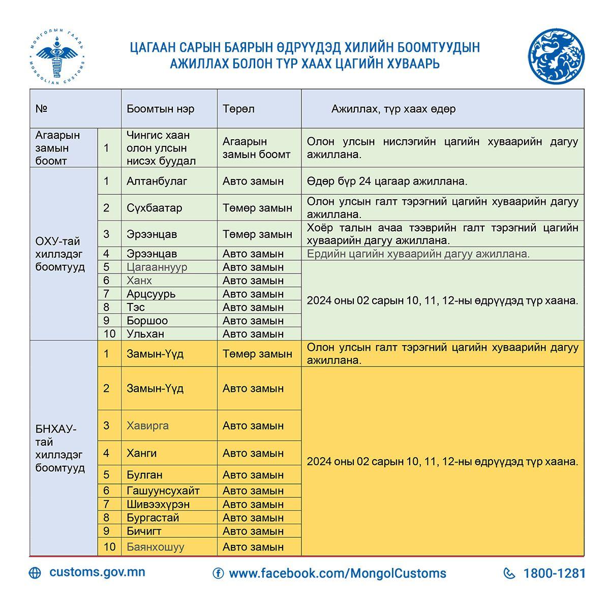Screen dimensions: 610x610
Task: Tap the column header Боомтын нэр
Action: point(161,109)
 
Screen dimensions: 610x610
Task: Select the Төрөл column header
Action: point(238,109)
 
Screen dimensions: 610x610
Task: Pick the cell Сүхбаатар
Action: point(155,208)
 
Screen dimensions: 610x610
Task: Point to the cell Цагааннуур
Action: point(157,267)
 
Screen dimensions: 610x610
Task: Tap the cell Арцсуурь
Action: point(151,294)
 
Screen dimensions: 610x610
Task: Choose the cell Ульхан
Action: point(145,334)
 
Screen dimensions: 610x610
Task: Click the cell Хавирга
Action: point(147,425)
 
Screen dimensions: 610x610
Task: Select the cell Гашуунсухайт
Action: point(163,491)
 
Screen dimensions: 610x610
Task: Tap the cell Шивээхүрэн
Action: point(158,504)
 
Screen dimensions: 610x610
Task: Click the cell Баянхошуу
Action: point(156,547)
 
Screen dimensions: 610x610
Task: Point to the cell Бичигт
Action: point(144,531)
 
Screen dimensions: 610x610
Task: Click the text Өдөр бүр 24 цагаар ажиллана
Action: point(387,181)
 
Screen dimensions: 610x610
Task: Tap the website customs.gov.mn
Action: point(97,572)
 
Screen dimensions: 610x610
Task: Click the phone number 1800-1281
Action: point(554,573)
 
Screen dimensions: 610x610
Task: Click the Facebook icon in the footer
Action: point(218,573)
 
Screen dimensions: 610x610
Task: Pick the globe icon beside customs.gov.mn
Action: point(35,573)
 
